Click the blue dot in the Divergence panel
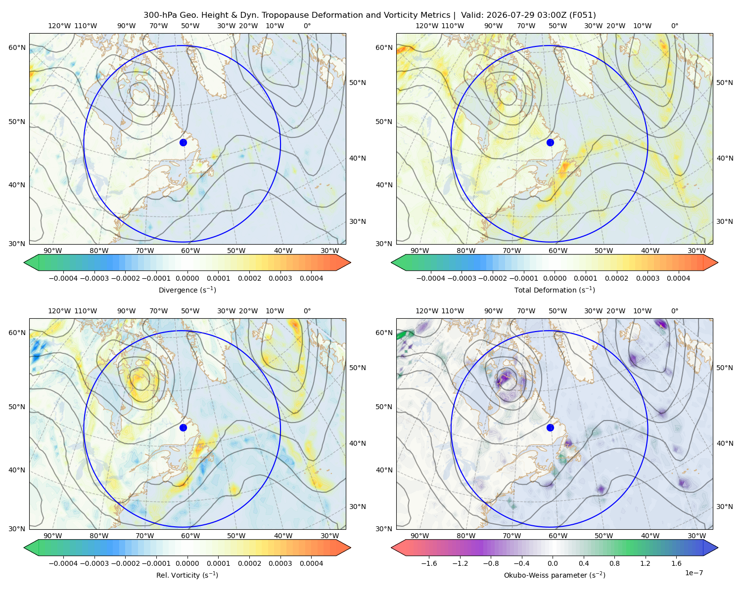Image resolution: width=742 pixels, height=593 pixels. [183, 142]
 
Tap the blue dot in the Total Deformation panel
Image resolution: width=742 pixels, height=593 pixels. [550, 142]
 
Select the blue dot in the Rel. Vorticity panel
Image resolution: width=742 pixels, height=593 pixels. [183, 427]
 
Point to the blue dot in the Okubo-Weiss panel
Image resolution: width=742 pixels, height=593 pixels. [550, 427]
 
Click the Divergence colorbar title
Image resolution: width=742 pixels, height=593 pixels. [187, 290]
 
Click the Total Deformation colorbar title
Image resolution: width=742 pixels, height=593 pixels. [555, 290]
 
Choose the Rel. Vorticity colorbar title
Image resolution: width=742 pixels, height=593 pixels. [187, 575]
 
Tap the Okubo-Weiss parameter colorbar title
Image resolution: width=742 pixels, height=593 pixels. [555, 575]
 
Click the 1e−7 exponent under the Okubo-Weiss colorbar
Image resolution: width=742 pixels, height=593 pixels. [694, 573]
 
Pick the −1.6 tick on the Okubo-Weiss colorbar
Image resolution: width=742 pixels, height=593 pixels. [429, 563]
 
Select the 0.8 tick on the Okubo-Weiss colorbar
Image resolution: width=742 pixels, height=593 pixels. [614, 563]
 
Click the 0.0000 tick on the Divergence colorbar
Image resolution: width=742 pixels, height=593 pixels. [187, 278]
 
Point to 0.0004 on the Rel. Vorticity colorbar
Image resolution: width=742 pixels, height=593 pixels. [311, 563]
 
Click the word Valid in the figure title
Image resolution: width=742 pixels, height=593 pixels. [469, 15]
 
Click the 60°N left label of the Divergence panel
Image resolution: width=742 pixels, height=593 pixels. [17, 47]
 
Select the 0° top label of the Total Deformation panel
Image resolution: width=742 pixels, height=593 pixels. [674, 26]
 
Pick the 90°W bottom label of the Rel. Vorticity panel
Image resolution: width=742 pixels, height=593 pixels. [53, 536]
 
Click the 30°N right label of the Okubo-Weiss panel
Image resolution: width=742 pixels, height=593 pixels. [724, 506]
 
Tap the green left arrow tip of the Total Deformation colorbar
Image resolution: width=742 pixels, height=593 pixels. [392, 262]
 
